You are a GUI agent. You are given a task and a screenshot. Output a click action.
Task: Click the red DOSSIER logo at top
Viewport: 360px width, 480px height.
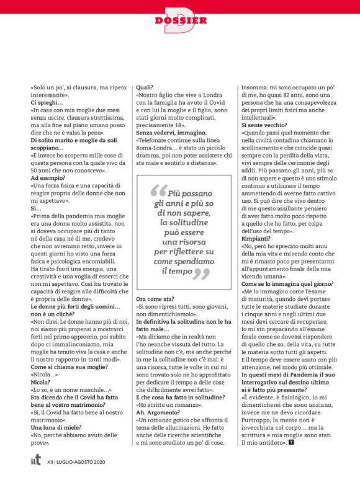[181, 19]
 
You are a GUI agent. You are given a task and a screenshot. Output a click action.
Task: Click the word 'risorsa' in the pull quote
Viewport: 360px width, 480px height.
[180, 241]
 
